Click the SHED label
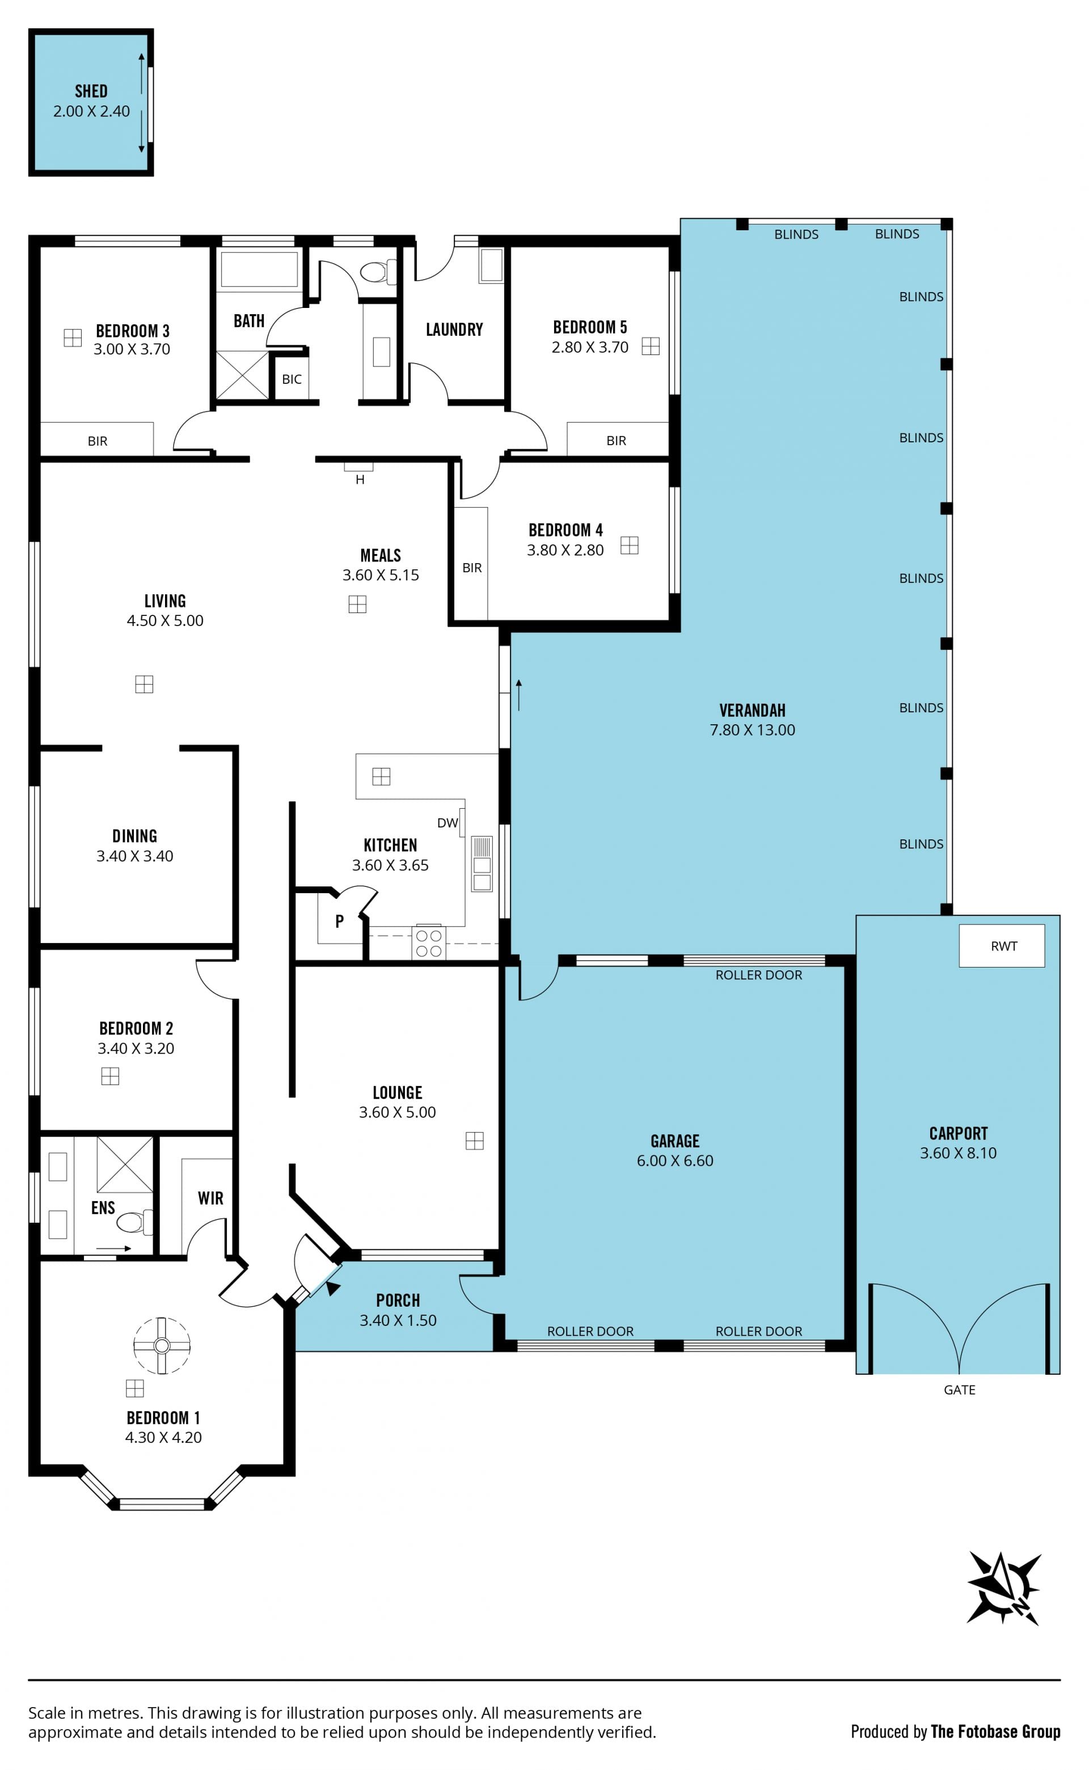pyautogui.click(x=91, y=91)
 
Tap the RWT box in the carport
pyautogui.click(x=1002, y=945)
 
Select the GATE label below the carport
pyautogui.click(x=959, y=1390)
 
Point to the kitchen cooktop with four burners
pyautogui.click(x=429, y=943)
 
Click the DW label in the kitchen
pyautogui.click(x=448, y=823)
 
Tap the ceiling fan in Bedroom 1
pyautogui.click(x=161, y=1345)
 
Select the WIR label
pyautogui.click(x=210, y=1198)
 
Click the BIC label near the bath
pyautogui.click(x=292, y=379)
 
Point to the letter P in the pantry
pyautogui.click(x=339, y=920)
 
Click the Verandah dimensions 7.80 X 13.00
pyautogui.click(x=753, y=730)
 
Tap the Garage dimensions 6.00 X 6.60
pyautogui.click(x=675, y=1161)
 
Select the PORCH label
pyautogui.click(x=398, y=1300)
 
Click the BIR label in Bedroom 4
pyautogui.click(x=472, y=568)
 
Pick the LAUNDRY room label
pyautogui.click(x=454, y=330)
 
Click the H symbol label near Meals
pyautogui.click(x=360, y=480)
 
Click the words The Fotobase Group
pyautogui.click(x=995, y=1732)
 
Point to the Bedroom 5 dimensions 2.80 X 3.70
pyautogui.click(x=590, y=347)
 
